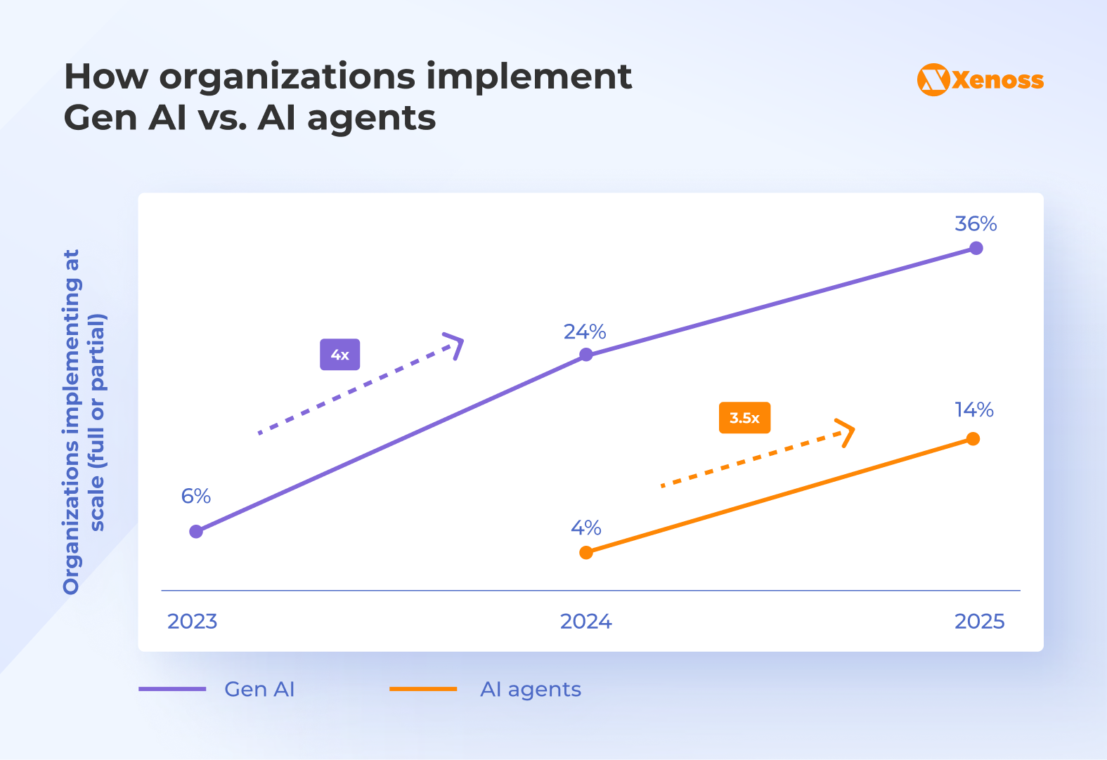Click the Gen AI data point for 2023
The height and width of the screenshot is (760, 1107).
point(196,532)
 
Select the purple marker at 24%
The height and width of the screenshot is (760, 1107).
point(586,355)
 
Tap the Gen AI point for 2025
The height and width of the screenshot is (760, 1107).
point(976,248)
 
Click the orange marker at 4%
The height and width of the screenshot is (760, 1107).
point(586,553)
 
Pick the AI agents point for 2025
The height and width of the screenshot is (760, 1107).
point(973,439)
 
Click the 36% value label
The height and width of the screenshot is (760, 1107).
point(976,224)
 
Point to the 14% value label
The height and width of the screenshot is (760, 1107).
point(973,410)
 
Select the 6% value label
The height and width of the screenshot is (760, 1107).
point(196,497)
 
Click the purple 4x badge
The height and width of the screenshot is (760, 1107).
point(340,355)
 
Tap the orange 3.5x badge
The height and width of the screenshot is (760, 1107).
point(744,418)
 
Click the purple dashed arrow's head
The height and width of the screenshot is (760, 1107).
point(457,344)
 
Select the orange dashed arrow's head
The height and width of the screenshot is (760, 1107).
point(847,432)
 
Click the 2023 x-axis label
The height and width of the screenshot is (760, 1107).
point(192,622)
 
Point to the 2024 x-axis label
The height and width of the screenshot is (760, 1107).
point(585,622)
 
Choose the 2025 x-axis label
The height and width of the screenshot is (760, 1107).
point(979,622)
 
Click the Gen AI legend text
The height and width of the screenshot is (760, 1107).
point(259,690)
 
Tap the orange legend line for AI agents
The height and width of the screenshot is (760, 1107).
point(423,690)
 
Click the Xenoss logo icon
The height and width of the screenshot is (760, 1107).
point(933,80)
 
